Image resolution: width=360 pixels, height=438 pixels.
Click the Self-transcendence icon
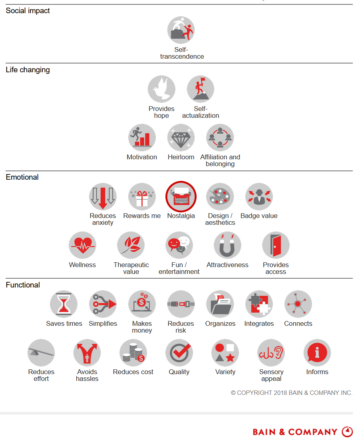tap(181, 30)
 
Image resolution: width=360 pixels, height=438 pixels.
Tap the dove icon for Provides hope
tap(161, 89)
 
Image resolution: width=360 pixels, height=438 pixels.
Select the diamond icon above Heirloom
tap(181, 137)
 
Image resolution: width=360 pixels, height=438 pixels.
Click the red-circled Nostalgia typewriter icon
tap(181, 196)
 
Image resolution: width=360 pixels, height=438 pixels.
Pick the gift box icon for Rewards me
tap(142, 196)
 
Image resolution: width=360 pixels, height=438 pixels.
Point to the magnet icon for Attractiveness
tap(227, 245)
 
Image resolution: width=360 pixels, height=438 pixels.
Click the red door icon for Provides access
tap(276, 245)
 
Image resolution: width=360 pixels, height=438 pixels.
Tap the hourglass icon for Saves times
tap(64, 304)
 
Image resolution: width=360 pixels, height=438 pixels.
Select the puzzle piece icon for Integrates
tap(259, 304)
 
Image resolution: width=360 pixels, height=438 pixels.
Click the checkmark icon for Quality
tap(179, 353)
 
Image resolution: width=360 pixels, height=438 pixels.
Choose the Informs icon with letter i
tap(317, 353)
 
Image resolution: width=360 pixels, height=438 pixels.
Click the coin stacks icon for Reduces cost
tap(133, 353)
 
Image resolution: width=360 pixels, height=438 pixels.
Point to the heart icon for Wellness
tap(82, 245)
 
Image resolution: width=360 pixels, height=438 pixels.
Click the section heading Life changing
tap(28, 70)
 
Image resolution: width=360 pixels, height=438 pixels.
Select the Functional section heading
tap(23, 285)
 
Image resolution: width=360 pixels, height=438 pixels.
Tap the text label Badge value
tap(259, 216)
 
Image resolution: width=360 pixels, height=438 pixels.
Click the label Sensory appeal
tap(271, 375)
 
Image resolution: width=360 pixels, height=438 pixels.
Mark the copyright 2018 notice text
tap(292, 393)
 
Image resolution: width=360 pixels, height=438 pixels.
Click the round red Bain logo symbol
tap(347, 432)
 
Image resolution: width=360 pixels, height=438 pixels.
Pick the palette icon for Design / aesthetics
tap(220, 196)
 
